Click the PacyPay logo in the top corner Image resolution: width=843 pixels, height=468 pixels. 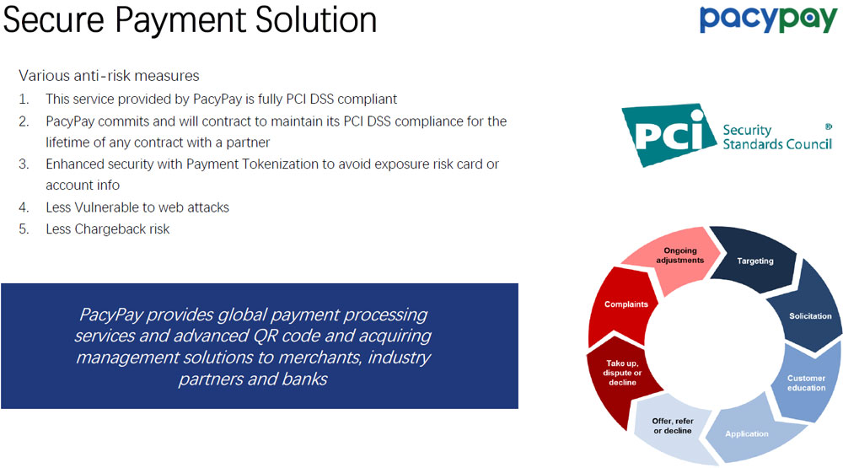pos(768,20)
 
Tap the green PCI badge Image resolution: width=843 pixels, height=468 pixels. pos(668,134)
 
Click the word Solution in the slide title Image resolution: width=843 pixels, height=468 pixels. pos(316,20)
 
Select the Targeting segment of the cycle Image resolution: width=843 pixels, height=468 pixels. pos(754,261)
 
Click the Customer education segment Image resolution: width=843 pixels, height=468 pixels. pos(806,383)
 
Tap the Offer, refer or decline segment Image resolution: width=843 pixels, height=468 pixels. pos(672,426)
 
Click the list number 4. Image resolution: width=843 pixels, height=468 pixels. pos(24,207)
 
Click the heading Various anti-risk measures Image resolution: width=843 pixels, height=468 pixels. pos(109,76)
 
